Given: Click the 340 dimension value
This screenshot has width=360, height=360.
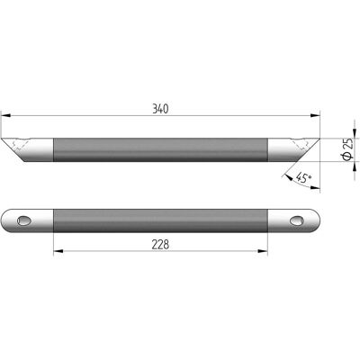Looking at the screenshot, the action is click(x=160, y=109).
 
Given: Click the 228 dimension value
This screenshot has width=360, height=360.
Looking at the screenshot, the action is click(x=160, y=245).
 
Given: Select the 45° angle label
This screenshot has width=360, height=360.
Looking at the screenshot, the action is click(x=303, y=178).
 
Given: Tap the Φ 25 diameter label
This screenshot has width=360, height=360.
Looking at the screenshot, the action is click(x=347, y=149).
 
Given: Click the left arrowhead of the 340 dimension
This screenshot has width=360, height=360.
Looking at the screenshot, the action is click(x=6, y=115).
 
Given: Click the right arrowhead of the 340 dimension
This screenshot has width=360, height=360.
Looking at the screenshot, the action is click(x=315, y=115).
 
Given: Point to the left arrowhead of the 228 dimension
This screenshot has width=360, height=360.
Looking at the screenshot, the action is click(x=58, y=251).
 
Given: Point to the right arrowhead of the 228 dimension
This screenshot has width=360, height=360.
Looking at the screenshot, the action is click(x=263, y=251).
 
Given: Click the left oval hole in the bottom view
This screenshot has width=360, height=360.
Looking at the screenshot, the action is click(x=24, y=220).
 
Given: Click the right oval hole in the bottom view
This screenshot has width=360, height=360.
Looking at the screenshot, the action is click(x=297, y=220).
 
